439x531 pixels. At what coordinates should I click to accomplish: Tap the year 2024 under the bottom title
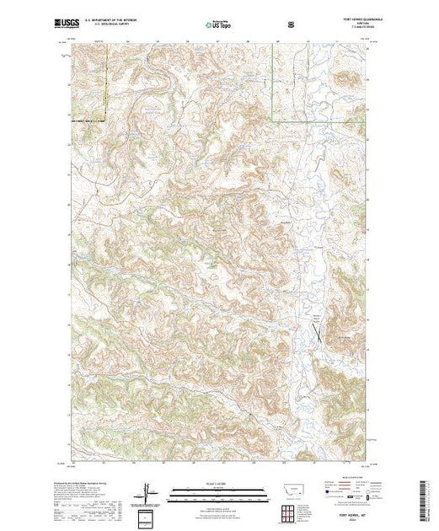click(x=345, y=521)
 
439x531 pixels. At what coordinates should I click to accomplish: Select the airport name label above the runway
click(x=319, y=316)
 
